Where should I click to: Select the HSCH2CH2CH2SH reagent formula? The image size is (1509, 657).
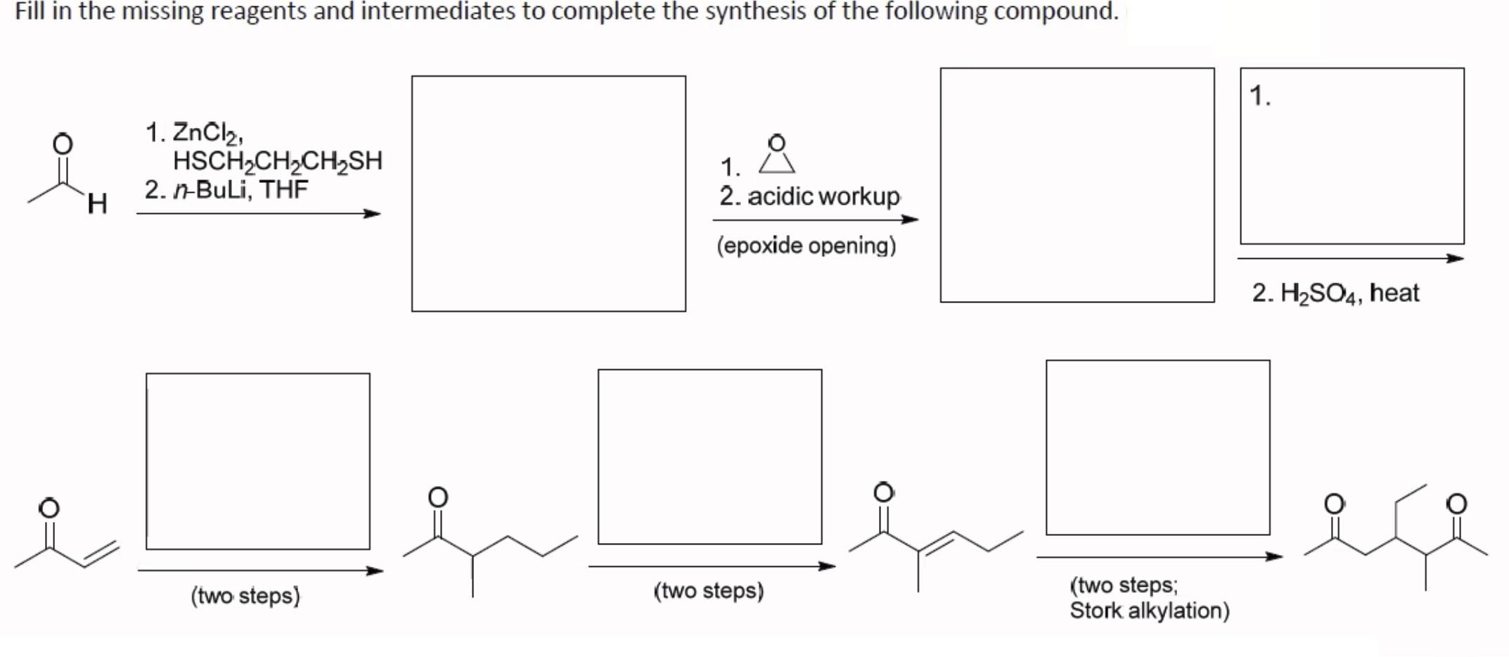click(277, 161)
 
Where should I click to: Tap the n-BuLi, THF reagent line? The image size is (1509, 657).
click(226, 190)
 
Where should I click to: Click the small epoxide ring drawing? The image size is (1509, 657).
click(776, 155)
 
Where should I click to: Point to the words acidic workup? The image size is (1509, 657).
click(823, 196)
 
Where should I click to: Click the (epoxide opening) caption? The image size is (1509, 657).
click(806, 245)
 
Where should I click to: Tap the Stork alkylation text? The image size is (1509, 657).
click(1149, 611)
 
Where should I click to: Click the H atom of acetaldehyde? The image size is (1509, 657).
click(97, 205)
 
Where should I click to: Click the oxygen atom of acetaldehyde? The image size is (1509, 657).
click(63, 144)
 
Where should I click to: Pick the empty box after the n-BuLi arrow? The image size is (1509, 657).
click(548, 193)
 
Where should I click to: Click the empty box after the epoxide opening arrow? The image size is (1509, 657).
click(1077, 185)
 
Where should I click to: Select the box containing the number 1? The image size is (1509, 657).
click(1351, 156)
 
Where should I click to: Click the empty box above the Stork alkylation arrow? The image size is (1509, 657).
click(1157, 447)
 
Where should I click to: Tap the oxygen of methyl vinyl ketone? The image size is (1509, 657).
click(49, 508)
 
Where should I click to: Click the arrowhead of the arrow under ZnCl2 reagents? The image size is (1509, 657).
click(373, 214)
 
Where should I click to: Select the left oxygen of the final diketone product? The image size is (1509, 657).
click(1334, 504)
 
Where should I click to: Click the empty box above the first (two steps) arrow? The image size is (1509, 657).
click(257, 461)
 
